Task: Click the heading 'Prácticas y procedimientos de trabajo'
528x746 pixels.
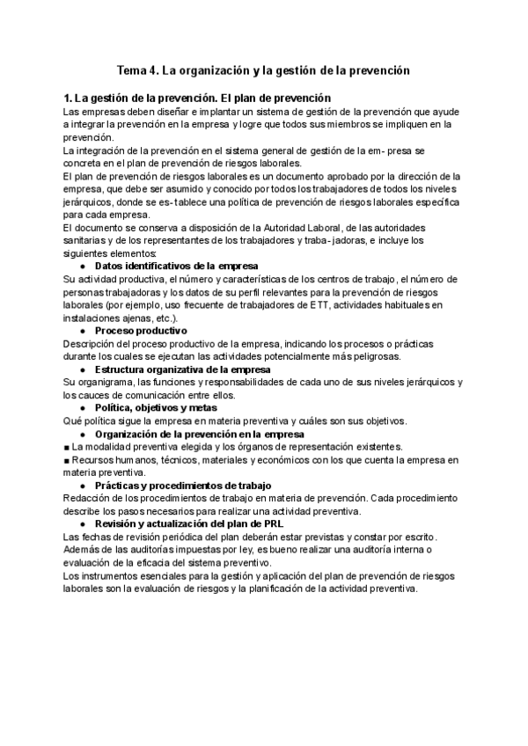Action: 183,486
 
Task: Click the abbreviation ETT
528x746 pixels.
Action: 343,304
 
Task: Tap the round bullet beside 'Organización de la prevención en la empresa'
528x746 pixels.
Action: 83,434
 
